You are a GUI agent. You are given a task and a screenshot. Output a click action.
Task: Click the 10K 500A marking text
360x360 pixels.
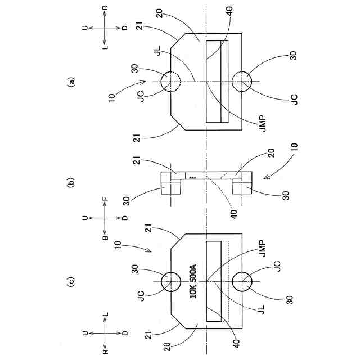[193, 281]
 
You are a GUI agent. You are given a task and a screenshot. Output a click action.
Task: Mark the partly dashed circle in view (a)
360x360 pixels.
[170, 82]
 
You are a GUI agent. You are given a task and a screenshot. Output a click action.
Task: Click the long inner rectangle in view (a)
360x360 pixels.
[217, 82]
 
